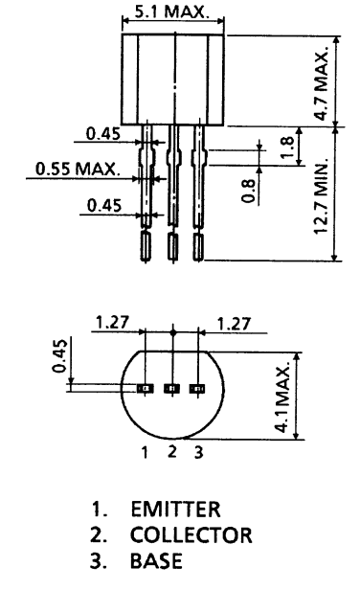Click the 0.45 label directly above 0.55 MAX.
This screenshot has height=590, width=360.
(102, 134)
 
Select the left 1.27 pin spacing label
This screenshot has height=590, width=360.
(108, 324)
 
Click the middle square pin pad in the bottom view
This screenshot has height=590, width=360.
(172, 389)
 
